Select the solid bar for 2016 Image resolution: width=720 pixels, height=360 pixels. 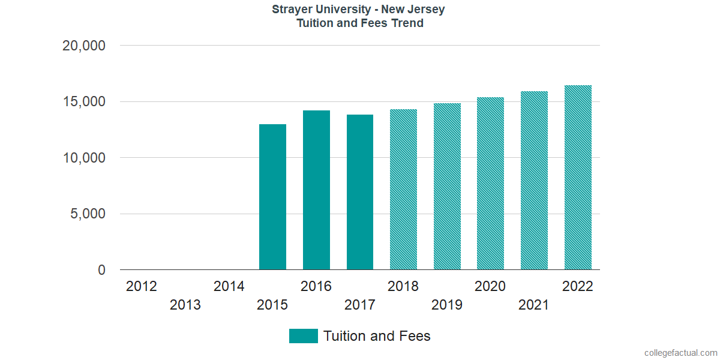[x=316, y=190]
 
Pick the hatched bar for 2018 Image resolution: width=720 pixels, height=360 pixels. [x=403, y=190]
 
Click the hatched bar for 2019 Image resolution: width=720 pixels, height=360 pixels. [x=447, y=187]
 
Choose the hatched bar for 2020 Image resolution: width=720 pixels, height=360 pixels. [x=490, y=184]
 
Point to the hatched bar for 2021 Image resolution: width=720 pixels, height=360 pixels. [x=534, y=181]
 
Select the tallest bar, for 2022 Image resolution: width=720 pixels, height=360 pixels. [x=578, y=178]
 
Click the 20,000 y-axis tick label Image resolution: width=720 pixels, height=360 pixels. [x=84, y=46]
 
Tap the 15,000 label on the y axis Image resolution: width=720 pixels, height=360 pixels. [x=84, y=102]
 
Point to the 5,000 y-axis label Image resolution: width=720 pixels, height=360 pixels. [x=88, y=214]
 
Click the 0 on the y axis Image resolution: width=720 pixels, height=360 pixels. [x=101, y=271]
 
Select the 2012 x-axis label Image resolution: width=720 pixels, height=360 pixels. [x=142, y=287]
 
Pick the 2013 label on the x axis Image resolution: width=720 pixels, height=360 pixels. [x=185, y=305]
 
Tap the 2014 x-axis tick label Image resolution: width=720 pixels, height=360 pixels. [x=229, y=287]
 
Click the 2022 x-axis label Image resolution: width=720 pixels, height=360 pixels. [x=578, y=287]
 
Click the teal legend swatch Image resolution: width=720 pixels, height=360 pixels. [x=303, y=336]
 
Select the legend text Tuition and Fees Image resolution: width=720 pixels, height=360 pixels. [x=377, y=336]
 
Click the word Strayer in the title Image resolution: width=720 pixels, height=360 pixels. [x=293, y=10]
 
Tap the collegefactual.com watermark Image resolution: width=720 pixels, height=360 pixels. [x=680, y=353]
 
